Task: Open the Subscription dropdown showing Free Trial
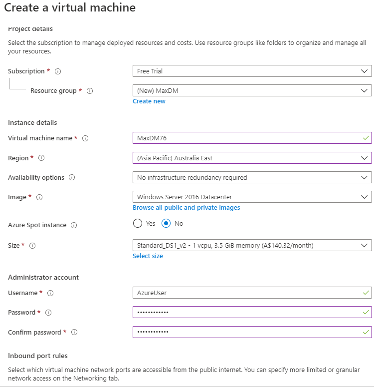click(x=252, y=71)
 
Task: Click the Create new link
click(x=149, y=101)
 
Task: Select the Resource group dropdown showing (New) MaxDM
click(x=252, y=91)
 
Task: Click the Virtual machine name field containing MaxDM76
click(x=247, y=138)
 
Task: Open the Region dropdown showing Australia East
click(x=252, y=158)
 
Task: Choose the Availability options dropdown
click(x=252, y=178)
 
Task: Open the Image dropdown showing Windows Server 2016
click(x=252, y=197)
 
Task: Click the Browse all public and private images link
click(x=186, y=208)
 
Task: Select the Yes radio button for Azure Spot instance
click(x=138, y=224)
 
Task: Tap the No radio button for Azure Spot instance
click(x=167, y=224)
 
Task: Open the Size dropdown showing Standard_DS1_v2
click(x=252, y=246)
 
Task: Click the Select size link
click(x=148, y=256)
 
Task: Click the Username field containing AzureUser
click(x=247, y=293)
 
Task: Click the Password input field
click(x=247, y=313)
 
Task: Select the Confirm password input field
click(x=247, y=332)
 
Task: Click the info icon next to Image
click(x=39, y=197)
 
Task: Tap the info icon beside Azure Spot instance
click(x=74, y=225)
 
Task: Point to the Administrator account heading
click(x=43, y=278)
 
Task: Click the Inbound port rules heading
click(x=38, y=356)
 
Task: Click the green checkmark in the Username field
click(x=367, y=293)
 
